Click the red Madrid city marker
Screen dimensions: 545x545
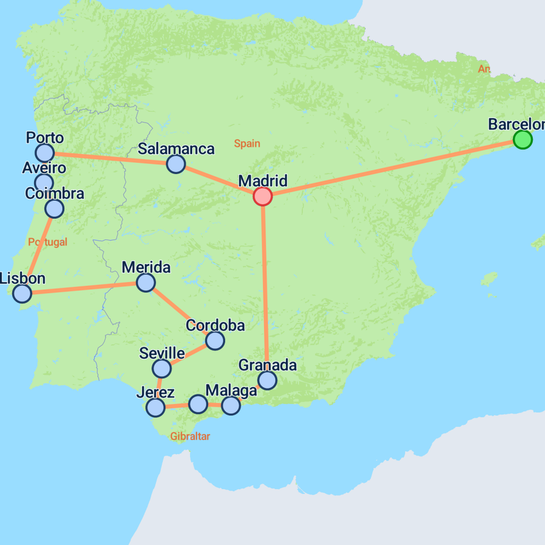click(x=262, y=196)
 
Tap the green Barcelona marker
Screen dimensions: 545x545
click(x=523, y=139)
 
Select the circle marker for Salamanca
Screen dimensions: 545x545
click(x=176, y=164)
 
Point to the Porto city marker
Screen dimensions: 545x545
click(x=45, y=153)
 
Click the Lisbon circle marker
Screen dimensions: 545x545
click(x=22, y=293)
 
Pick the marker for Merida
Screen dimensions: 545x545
click(x=146, y=283)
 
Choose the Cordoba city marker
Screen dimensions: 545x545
click(x=214, y=341)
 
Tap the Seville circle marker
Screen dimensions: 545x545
click(x=161, y=368)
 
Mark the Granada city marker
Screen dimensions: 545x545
click(x=267, y=380)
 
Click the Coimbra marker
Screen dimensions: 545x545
click(x=54, y=209)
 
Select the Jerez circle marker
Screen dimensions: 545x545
click(x=155, y=408)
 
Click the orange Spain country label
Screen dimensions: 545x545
click(x=247, y=143)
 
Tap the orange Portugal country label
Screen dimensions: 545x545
click(x=48, y=242)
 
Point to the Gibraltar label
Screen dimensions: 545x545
click(x=190, y=436)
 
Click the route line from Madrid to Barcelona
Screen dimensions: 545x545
click(x=394, y=167)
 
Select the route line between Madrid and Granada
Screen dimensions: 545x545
click(x=265, y=287)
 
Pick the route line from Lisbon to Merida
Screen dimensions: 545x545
click(x=85, y=288)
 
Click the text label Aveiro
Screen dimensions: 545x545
click(x=44, y=168)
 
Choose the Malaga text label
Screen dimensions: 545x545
click(x=231, y=391)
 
